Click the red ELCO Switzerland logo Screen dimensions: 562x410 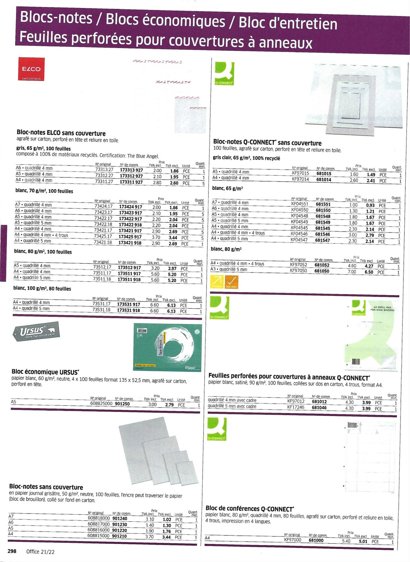[x=31, y=69]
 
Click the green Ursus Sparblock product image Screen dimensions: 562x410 [x=168, y=347]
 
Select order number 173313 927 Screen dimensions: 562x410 [x=131, y=170]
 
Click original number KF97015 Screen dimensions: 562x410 [x=300, y=173]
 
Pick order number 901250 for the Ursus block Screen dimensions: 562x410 [x=122, y=404]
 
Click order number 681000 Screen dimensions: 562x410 [x=316, y=540]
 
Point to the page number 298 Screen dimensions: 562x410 [x=12, y=551]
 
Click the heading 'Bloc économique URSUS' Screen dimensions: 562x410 [x=45, y=372]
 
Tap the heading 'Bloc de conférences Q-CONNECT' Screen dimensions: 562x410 [x=250, y=509]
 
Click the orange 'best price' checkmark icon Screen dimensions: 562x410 [x=232, y=282]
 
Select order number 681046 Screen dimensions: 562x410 [x=319, y=408]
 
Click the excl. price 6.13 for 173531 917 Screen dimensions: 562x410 [x=171, y=305]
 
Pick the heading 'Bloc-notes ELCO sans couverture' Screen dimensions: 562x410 [x=61, y=133]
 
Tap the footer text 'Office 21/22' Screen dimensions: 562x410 [x=40, y=551]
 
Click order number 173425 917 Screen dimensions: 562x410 [x=130, y=237]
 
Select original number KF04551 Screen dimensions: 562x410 [x=299, y=204]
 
